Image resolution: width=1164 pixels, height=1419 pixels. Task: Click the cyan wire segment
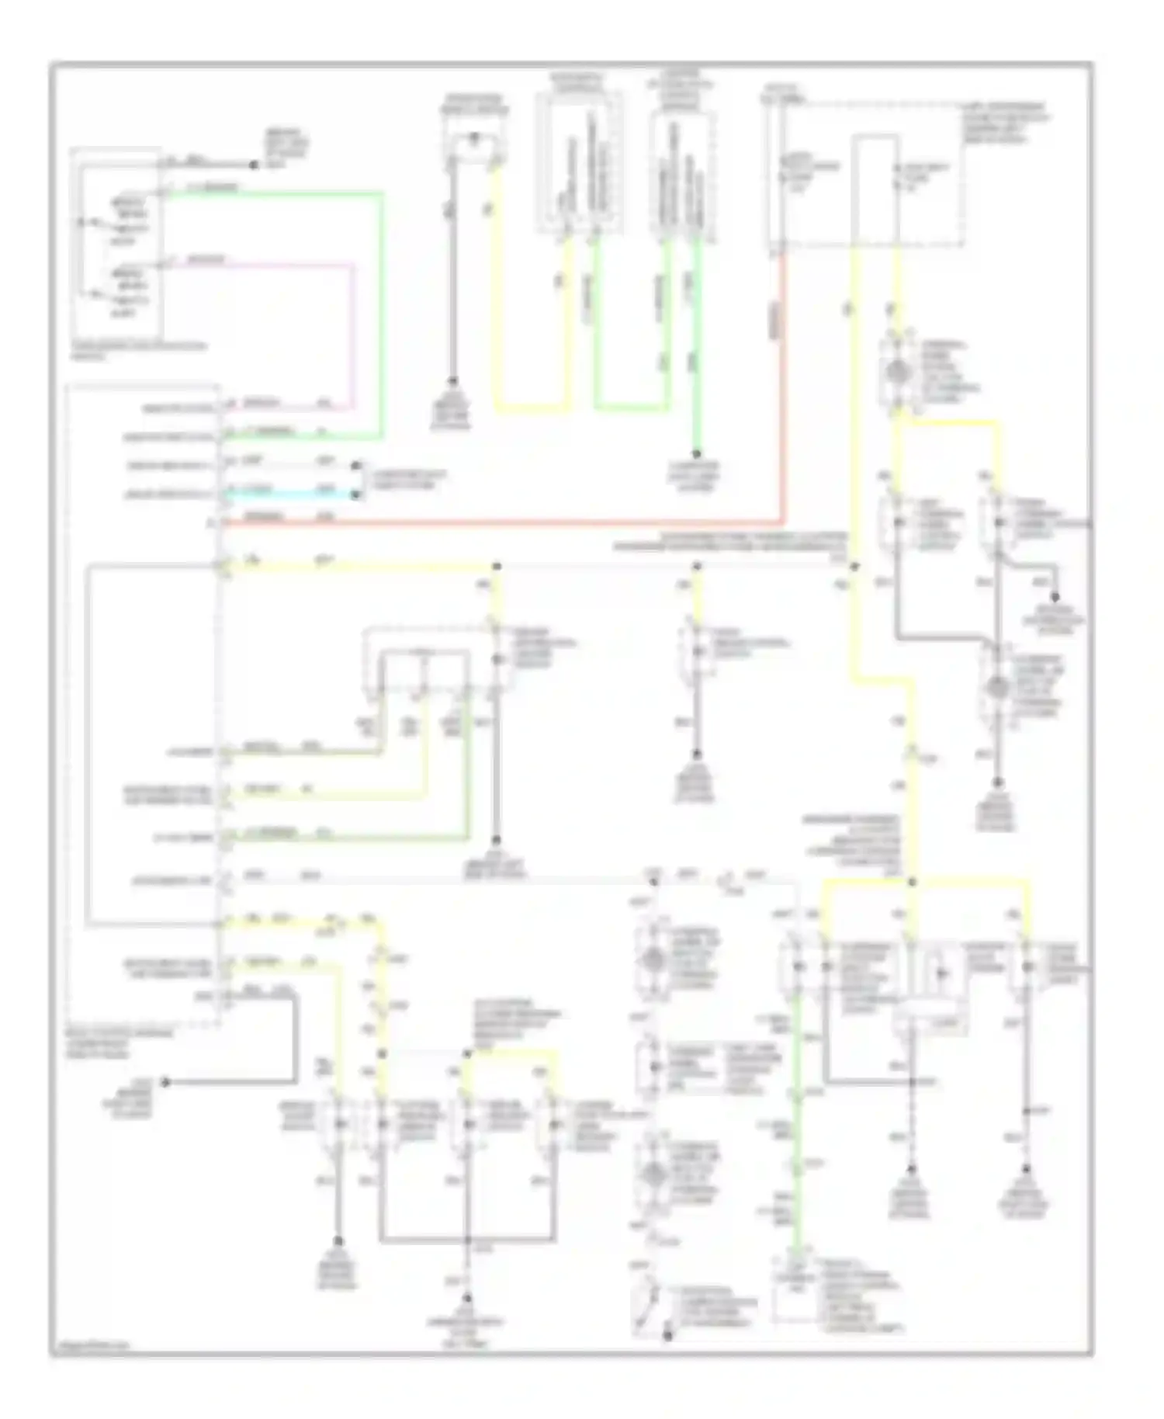(x=287, y=494)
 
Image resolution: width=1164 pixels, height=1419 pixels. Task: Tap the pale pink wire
(x=353, y=334)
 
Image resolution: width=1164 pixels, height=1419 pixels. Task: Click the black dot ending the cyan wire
(x=356, y=494)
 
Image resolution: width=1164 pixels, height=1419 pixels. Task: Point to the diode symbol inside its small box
(x=941, y=973)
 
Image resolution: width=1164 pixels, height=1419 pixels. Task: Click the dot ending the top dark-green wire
(x=696, y=455)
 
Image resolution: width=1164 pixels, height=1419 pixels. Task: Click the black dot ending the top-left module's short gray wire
(x=253, y=165)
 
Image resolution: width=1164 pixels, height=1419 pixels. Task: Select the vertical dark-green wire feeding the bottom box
(x=800, y=1126)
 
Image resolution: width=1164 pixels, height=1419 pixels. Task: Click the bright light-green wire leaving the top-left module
(x=381, y=311)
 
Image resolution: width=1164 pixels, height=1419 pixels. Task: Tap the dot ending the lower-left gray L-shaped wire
(x=165, y=1082)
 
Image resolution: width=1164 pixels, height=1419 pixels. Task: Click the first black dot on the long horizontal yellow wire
(x=497, y=567)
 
